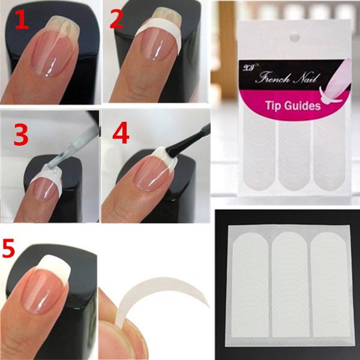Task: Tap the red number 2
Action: (116, 19)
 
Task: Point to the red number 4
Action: (121, 133)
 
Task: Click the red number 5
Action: (8, 248)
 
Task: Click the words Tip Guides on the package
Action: (293, 106)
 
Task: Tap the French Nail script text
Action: (287, 78)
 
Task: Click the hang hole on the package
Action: (295, 37)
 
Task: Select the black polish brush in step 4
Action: (188, 140)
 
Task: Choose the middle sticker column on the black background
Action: (290, 284)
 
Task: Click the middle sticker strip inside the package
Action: (295, 154)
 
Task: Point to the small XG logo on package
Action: (248, 68)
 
